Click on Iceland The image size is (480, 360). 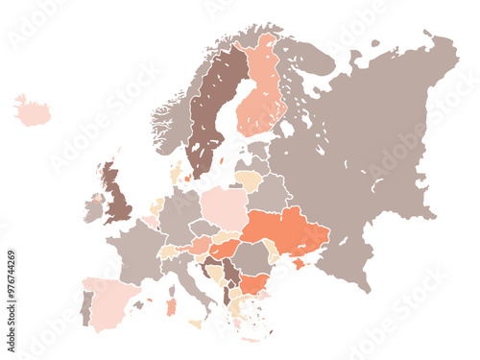(x=33, y=111)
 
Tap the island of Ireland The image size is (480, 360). (x=93, y=208)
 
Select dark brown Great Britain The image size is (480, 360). (x=117, y=197)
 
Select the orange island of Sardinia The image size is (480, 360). (x=171, y=307)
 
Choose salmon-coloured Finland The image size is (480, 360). (x=259, y=91)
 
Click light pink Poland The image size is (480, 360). (x=225, y=208)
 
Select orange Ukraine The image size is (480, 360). (x=288, y=230)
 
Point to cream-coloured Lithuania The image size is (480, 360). (x=248, y=180)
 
